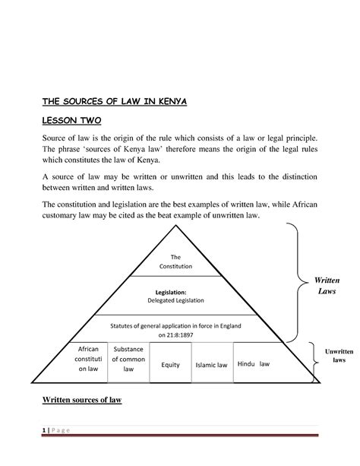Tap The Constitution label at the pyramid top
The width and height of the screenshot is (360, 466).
pyautogui.click(x=176, y=262)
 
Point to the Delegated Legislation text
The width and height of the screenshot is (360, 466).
pyautogui.click(x=176, y=300)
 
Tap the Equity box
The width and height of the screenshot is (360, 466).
pyautogui.click(x=170, y=365)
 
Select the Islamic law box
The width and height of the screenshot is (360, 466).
pyautogui.click(x=210, y=365)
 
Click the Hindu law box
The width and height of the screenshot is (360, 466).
pyautogui.click(x=254, y=363)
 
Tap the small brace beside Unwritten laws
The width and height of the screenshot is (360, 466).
pyautogui.click(x=312, y=359)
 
